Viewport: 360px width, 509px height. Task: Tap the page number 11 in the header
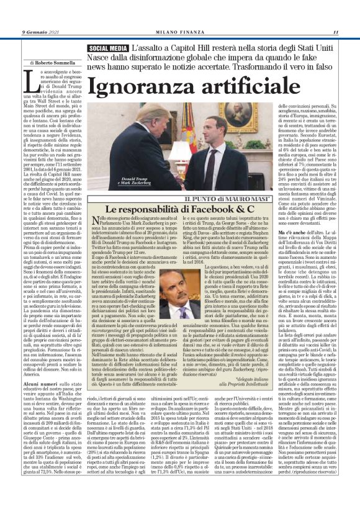[335, 32]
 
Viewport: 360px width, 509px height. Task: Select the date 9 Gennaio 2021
[41, 32]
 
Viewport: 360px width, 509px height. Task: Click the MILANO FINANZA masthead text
[180, 32]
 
